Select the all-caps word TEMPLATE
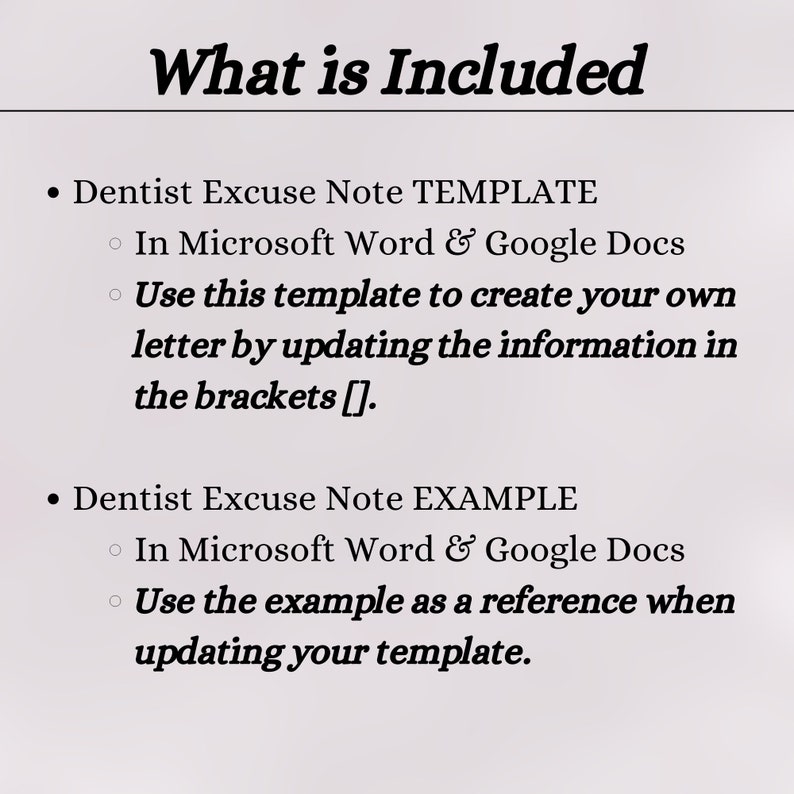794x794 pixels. [505, 192]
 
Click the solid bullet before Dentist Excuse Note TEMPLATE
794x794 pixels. [56, 193]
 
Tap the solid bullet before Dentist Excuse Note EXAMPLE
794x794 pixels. [56, 499]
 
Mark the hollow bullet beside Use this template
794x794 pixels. [116, 295]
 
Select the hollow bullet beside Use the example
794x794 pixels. [116, 602]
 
